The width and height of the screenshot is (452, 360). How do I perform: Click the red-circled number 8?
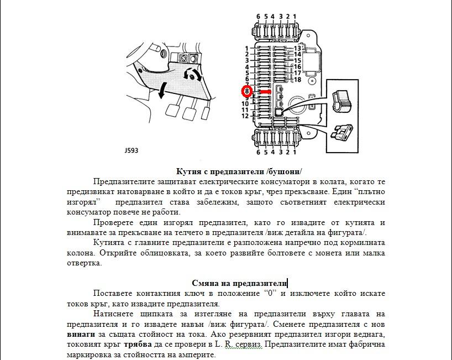247,91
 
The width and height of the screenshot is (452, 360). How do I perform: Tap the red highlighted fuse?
265,92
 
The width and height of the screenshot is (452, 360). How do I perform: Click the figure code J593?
132,150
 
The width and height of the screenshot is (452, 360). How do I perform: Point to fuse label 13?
297,49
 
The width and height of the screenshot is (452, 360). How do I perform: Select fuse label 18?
297,80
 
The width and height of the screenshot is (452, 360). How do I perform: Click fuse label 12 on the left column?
245,116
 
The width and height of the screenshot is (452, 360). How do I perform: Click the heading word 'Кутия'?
188,171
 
